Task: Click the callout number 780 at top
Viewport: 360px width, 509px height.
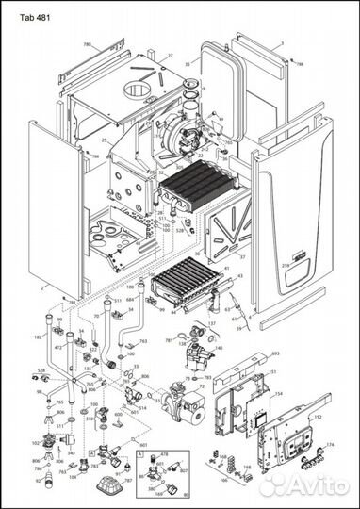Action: tap(87, 44)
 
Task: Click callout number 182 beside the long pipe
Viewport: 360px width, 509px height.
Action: tap(38, 336)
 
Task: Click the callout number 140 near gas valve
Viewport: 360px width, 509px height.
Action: tap(219, 348)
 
